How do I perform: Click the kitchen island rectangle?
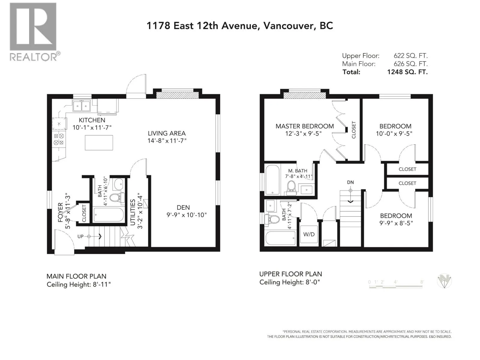pyautogui.click(x=99, y=142)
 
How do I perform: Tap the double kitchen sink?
pyautogui.click(x=82, y=106)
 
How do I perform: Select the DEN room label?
pyautogui.click(x=183, y=207)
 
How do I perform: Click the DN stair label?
pyautogui.click(x=350, y=182)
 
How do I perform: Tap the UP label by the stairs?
pyautogui.click(x=80, y=236)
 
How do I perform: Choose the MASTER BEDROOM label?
pyautogui.click(x=304, y=126)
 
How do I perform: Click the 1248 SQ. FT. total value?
pyautogui.click(x=407, y=72)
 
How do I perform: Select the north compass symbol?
pyautogui.click(x=444, y=281)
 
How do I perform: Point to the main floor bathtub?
pyautogui.click(x=109, y=214)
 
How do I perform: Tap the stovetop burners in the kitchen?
pyautogui.click(x=59, y=139)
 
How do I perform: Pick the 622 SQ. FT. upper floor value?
pyautogui.click(x=411, y=56)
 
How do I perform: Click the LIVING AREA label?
pyautogui.click(x=166, y=133)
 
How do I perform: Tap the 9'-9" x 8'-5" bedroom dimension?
pyautogui.click(x=396, y=223)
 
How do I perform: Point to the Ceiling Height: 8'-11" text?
pyautogui.click(x=79, y=284)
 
